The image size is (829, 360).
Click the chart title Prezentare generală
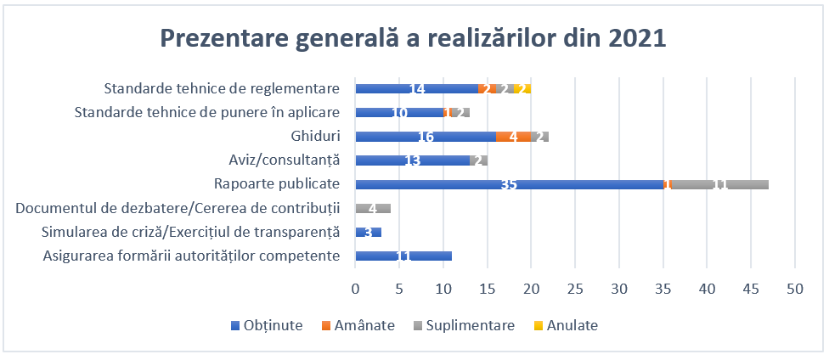point(414,40)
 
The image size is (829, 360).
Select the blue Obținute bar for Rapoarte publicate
point(510,184)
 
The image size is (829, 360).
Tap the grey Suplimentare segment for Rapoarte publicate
point(721,184)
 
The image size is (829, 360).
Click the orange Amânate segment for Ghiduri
point(513,136)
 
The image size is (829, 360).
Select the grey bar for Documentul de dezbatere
point(373,208)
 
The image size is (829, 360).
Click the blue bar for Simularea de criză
point(369,232)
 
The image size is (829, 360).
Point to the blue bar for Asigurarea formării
point(403,256)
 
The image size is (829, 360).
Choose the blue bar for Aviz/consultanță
point(413,160)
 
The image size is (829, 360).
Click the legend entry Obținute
point(267,325)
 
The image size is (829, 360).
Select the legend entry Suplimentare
point(464,325)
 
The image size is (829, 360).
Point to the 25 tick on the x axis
point(575,289)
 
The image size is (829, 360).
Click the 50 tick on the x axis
point(795,289)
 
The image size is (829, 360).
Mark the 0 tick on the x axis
point(356,289)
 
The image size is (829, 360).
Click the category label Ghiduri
point(315,136)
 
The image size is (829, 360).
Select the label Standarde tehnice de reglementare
point(222,88)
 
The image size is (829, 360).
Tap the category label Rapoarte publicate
point(279,184)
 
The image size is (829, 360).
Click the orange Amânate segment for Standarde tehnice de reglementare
point(487,88)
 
